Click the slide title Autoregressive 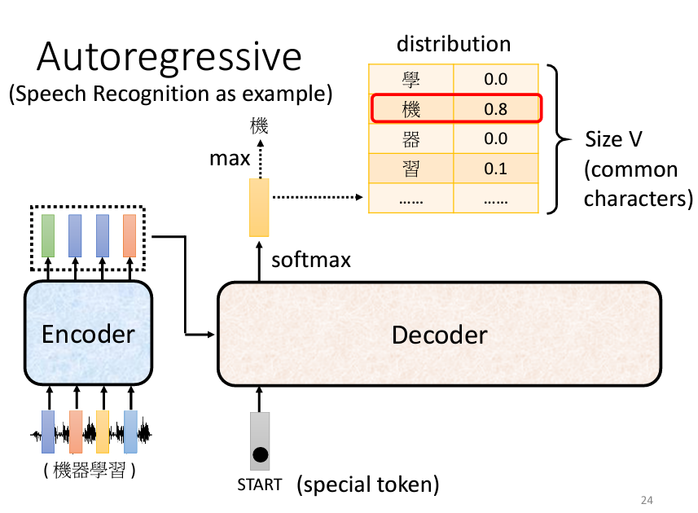pyautogui.click(x=169, y=58)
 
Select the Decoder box pyautogui.click(x=439, y=334)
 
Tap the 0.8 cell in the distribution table pyautogui.click(x=495, y=109)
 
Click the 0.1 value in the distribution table pyautogui.click(x=495, y=169)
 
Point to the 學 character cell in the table pyautogui.click(x=410, y=79)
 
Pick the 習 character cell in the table pyautogui.click(x=410, y=169)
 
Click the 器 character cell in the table pyautogui.click(x=410, y=139)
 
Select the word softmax pyautogui.click(x=311, y=261)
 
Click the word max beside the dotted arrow pyautogui.click(x=230, y=158)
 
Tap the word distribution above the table pyautogui.click(x=454, y=44)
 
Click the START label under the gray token pyautogui.click(x=259, y=485)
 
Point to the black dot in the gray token pyautogui.click(x=260, y=454)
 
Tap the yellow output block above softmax pyautogui.click(x=259, y=208)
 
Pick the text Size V pyautogui.click(x=614, y=139)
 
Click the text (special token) pyautogui.click(x=368, y=485)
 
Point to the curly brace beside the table pyautogui.click(x=559, y=139)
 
